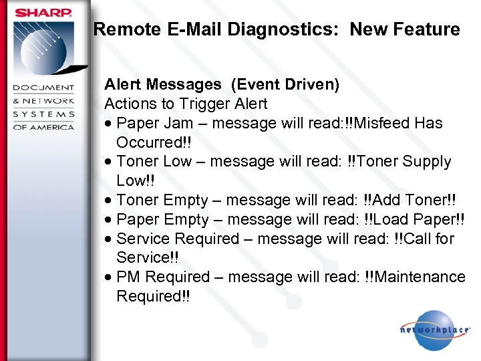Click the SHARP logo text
[44, 13]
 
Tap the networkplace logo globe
[434, 330]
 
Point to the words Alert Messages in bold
[162, 85]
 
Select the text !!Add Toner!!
[410, 200]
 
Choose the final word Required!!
[153, 296]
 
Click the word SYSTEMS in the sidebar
[44, 114]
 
